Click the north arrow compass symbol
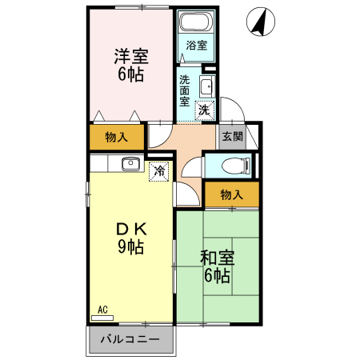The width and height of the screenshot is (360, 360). click(x=258, y=22)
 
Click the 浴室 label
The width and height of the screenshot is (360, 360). click(x=196, y=46)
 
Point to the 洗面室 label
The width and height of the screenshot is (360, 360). click(x=185, y=90)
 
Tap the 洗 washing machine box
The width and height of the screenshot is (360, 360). click(x=204, y=110)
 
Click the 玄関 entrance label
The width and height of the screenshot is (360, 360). click(x=232, y=137)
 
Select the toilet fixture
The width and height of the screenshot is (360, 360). click(x=232, y=166)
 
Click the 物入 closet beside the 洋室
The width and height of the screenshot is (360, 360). click(x=117, y=137)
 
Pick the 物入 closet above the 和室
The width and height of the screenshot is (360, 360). click(x=231, y=194)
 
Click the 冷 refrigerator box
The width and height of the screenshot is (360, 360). click(x=159, y=170)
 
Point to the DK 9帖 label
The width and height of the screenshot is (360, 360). click(x=130, y=237)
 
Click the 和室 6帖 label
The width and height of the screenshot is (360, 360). click(x=215, y=266)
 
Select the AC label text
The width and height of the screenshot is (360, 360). click(x=102, y=309)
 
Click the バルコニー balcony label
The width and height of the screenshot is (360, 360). click(x=130, y=340)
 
